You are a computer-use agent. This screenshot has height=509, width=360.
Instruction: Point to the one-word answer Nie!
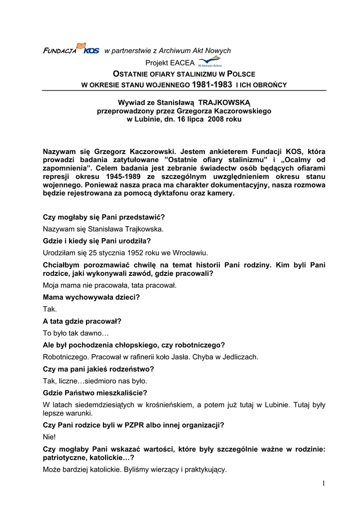pyautogui.click(x=50, y=436)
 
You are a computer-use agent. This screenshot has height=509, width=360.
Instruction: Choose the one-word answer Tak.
pyautogui.click(x=50, y=309)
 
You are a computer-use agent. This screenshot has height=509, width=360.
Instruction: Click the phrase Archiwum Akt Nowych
pyautogui.click(x=192, y=50)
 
